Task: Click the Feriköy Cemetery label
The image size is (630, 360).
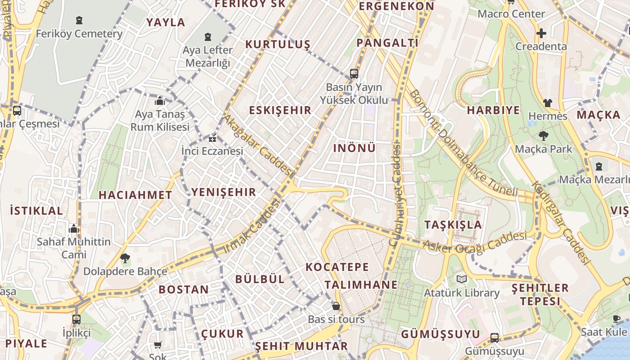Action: (x=79, y=34)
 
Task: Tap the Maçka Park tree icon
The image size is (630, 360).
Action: (x=543, y=135)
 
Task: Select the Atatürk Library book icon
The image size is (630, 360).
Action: (x=462, y=279)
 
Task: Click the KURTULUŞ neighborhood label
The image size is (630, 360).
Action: (x=278, y=44)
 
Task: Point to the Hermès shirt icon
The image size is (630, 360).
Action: (x=547, y=103)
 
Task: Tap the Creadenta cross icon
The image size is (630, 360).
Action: (x=541, y=33)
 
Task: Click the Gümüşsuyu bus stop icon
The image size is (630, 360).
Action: (x=494, y=337)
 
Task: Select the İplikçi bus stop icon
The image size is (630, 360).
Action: (x=76, y=319)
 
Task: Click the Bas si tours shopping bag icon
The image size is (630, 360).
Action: (x=336, y=306)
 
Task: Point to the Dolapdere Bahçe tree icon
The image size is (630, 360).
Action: (x=125, y=258)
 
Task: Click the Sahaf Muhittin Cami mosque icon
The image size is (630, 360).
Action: (x=74, y=229)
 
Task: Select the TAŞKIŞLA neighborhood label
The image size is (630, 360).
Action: (x=453, y=225)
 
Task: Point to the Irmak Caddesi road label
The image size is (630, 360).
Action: (x=252, y=225)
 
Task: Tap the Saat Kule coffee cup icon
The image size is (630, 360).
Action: (x=616, y=319)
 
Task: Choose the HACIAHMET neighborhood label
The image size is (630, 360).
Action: (x=135, y=195)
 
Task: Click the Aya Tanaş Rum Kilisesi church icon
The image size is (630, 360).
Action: (x=160, y=101)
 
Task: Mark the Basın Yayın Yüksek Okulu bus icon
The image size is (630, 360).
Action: (x=354, y=74)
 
